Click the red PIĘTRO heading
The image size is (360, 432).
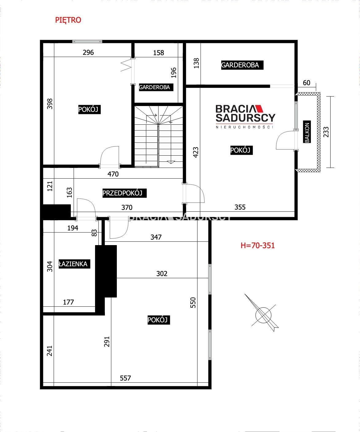coord(68,20)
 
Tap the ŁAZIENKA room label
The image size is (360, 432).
coord(75,264)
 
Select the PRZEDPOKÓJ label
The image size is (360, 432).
coord(124,193)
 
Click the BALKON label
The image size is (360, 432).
coord(307,131)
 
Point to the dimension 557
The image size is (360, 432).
coord(125,378)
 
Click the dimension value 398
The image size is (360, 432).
coord(50,104)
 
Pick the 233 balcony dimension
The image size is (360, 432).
coord(326,132)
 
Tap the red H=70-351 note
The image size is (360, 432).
coord(258,245)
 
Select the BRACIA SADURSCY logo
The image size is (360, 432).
coord(245,116)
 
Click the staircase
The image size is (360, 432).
coord(159,136)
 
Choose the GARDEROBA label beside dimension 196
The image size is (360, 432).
coord(156,87)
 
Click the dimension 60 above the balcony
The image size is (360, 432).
coord(307,83)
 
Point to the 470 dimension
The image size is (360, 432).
coord(113,174)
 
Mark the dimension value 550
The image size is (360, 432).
coord(193,302)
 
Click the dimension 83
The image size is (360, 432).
coord(94,233)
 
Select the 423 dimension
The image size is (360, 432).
coord(196,152)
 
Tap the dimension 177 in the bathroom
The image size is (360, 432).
coord(68,302)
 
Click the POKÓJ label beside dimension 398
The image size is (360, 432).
coord(89,109)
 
